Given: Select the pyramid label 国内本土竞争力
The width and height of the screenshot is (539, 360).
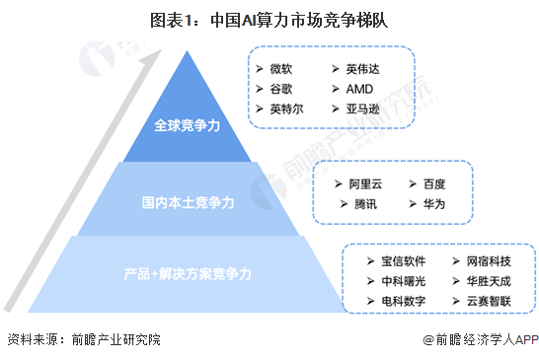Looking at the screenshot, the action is pyautogui.click(x=187, y=203).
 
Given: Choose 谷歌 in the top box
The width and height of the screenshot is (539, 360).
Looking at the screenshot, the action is pyautogui.click(x=280, y=89).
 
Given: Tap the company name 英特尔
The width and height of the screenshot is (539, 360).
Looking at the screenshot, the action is pyautogui.click(x=285, y=109).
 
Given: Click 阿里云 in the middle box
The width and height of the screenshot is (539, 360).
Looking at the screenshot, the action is pyautogui.click(x=364, y=184).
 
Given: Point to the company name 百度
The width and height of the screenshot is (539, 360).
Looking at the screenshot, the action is pyautogui.click(x=434, y=184).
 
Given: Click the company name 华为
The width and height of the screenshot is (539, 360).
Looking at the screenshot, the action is pyautogui.click(x=434, y=204).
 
